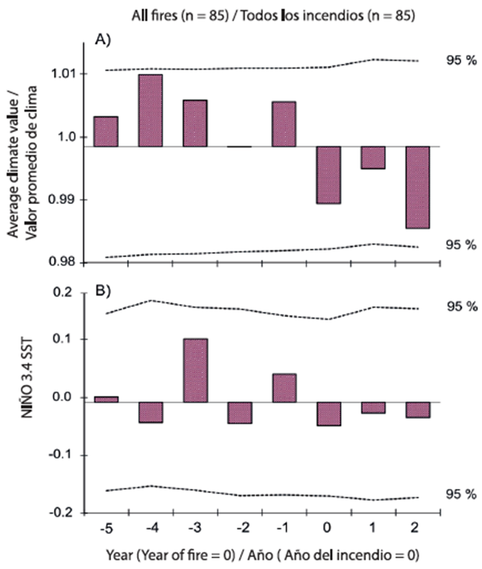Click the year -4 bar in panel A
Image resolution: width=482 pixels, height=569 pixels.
pos(150,110)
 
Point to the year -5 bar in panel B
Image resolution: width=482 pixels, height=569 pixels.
pos(106,399)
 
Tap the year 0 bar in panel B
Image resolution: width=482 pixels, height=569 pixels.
pos(328,413)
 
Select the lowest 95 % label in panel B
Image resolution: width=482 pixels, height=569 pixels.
pos(461,494)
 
